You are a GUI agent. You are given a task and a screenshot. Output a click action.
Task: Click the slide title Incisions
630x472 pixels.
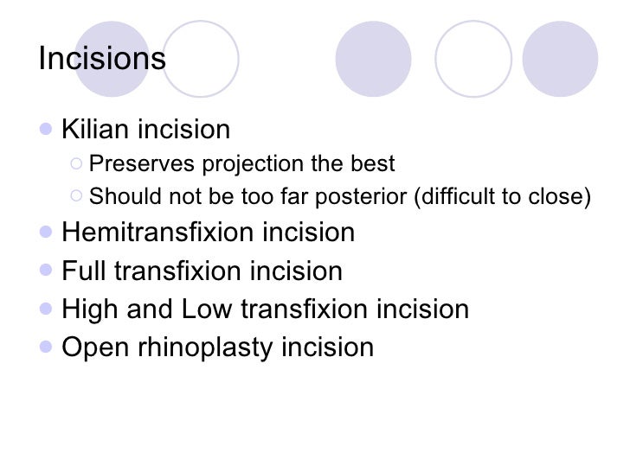101,60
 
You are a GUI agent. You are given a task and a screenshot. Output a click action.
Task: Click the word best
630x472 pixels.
374,164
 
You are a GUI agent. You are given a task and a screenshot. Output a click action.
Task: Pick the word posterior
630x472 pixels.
368,197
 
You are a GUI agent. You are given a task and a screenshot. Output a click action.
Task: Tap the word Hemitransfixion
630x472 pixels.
161,233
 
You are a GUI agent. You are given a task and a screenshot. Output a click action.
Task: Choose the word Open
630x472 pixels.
95,348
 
